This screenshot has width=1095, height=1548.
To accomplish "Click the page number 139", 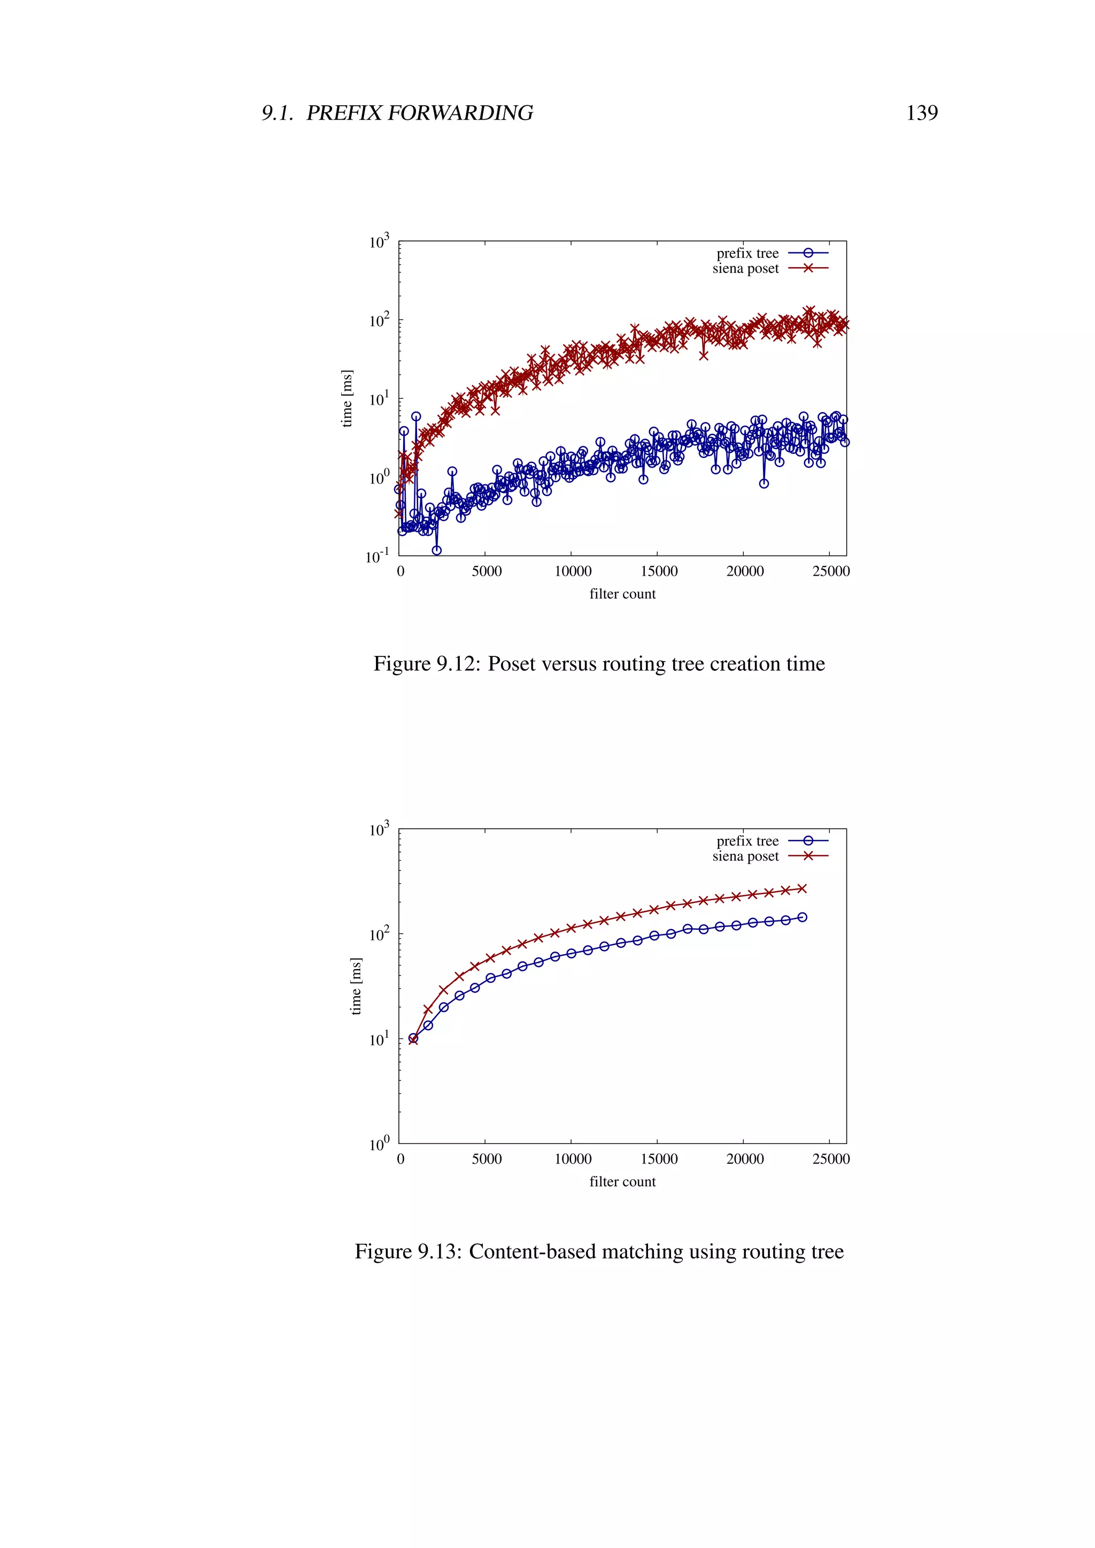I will tap(921, 113).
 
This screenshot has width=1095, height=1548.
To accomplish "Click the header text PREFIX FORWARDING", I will tap(419, 113).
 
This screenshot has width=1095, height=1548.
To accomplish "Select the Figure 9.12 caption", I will tap(599, 664).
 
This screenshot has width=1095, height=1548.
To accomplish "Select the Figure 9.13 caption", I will tap(599, 1252).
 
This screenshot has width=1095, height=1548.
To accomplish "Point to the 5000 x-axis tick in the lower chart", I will tap(486, 1159).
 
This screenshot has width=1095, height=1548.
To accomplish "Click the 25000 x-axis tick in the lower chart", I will tap(831, 1159).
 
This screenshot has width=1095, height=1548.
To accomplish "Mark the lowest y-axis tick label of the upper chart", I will tap(377, 556).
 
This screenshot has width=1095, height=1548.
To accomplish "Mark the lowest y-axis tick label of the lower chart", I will tap(379, 1143).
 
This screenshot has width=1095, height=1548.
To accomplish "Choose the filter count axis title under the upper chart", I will tap(622, 594).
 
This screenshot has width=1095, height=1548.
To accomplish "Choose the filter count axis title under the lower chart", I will tap(622, 1181).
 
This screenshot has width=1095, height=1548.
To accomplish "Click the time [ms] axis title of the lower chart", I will tap(356, 986).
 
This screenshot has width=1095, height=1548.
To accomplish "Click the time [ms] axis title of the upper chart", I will tap(346, 398).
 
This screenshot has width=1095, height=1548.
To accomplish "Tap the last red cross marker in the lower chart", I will tap(801, 888).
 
